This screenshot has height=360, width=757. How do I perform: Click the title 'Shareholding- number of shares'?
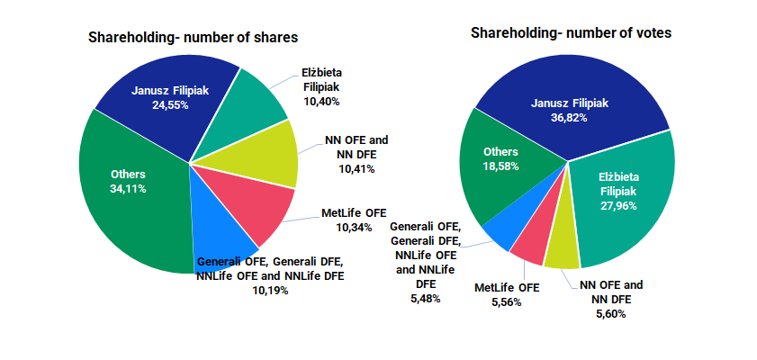[193, 37]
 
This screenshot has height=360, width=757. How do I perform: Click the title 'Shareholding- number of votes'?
[571, 33]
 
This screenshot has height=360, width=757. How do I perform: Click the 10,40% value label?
[321, 102]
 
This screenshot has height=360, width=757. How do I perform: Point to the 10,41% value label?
[356, 168]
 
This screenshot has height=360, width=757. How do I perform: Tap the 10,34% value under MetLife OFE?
[354, 227]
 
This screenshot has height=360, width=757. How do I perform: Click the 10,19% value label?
[270, 290]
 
